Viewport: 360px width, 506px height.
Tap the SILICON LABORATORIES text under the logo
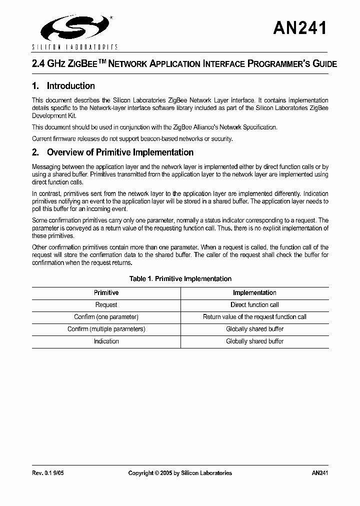coord(74,47)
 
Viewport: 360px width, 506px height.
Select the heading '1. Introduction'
coord(63,86)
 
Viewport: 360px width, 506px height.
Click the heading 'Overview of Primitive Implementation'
coord(120,152)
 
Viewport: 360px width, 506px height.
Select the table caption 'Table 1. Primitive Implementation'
coord(180,279)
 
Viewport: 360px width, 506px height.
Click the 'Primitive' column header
coord(106,293)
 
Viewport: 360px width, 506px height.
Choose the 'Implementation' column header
coord(254,293)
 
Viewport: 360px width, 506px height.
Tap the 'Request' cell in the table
coord(106,305)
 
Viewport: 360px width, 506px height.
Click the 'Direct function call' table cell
coord(254,305)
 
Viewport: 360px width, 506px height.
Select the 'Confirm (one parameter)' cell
coord(106,317)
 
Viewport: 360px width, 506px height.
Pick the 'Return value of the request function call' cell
coord(254,317)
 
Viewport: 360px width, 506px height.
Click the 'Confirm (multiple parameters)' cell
coord(106,329)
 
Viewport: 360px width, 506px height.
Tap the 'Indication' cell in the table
coord(106,341)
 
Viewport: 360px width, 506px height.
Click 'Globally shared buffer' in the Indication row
coord(254,341)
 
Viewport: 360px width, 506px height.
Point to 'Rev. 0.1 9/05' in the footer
coord(48,473)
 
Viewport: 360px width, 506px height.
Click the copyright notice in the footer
coord(180,473)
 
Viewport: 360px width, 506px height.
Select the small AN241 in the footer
coord(319,473)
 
